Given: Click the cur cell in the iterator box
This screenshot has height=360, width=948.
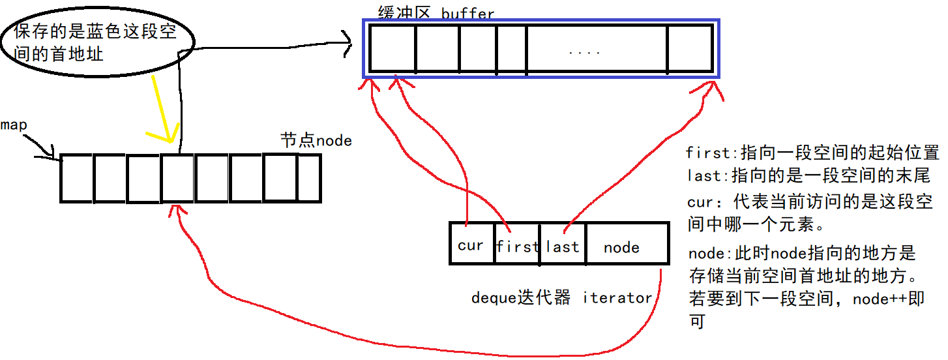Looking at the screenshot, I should tap(471, 245).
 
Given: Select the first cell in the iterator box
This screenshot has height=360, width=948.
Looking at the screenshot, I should tap(518, 246).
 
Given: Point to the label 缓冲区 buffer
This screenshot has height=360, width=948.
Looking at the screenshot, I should tap(436, 13).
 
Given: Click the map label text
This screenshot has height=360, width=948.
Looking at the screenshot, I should tap(14, 125).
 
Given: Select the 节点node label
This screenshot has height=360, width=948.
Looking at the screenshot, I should tap(316, 140).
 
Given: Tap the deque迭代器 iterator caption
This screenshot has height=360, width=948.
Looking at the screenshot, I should tap(561, 298).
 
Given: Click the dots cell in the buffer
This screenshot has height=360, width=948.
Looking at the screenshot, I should tap(597, 49).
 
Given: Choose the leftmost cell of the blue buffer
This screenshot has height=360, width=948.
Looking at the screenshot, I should tap(392, 49).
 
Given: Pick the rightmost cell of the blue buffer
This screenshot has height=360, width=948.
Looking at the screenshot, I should tap(690, 49).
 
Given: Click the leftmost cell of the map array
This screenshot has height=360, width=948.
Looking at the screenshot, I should tap(77, 178).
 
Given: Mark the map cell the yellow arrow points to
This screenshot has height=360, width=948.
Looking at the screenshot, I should tap(177, 178).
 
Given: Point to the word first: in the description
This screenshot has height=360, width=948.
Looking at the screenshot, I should tap(709, 153).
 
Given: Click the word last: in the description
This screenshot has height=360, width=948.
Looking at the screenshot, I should tap(705, 175).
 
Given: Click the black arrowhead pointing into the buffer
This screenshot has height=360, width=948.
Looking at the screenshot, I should tap(344, 44).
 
